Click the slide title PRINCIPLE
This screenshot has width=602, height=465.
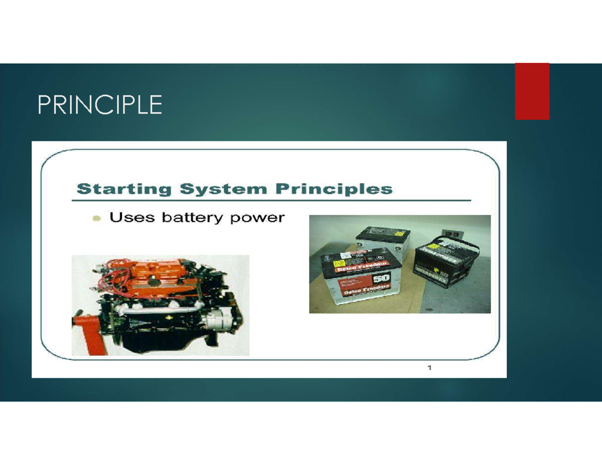[100, 105]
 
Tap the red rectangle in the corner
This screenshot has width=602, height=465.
[532, 91]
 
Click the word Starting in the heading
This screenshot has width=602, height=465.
[123, 189]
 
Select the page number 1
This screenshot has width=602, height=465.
[429, 369]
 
